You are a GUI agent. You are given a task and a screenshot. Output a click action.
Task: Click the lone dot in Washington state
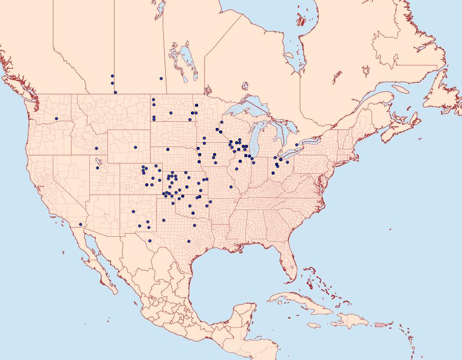56,119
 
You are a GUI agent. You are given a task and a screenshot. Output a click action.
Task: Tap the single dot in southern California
81,224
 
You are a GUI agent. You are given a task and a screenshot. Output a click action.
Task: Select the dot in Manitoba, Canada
161,79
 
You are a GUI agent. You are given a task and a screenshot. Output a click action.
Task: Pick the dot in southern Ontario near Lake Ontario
297,145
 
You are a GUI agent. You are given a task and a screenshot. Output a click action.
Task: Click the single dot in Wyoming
136,147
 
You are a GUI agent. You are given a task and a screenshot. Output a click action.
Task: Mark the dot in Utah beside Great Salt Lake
98,168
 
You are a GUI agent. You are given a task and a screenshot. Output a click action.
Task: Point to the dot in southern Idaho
97,149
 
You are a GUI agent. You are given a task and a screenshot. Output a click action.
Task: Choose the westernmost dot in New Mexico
133,212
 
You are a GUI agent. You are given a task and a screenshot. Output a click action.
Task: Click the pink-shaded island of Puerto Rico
380,324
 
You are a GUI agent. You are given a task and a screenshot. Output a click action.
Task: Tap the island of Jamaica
314,326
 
